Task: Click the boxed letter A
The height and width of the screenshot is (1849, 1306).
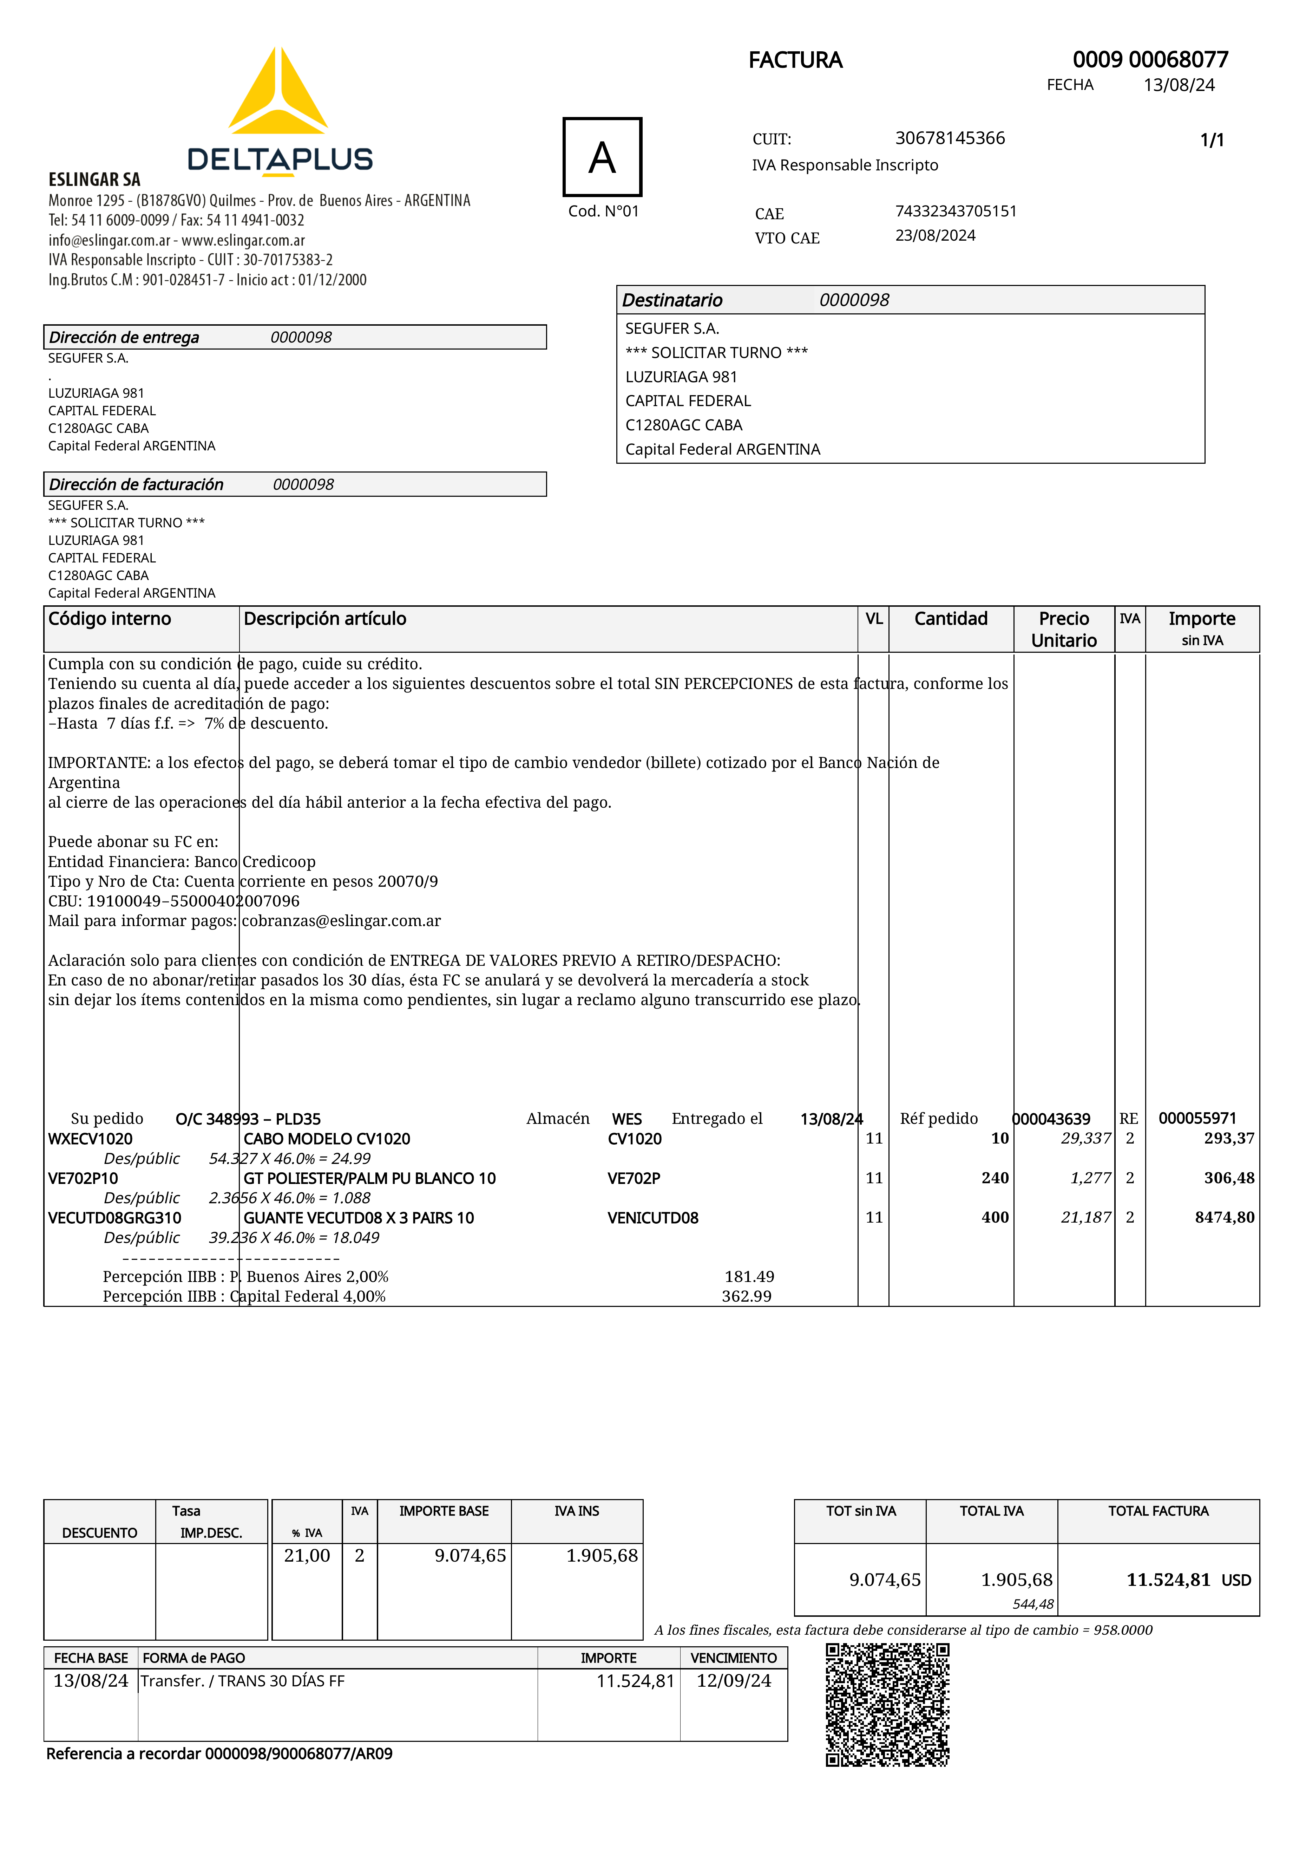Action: pyautogui.click(x=602, y=157)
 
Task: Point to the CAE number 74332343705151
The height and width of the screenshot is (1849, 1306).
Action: pyautogui.click(x=956, y=211)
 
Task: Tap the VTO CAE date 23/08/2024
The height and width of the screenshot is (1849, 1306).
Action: pyautogui.click(x=935, y=235)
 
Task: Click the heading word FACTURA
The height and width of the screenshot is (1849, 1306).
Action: pyautogui.click(x=795, y=60)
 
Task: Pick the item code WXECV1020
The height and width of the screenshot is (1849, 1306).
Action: pyautogui.click(x=90, y=1139)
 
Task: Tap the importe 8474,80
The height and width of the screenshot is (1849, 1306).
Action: pyautogui.click(x=1224, y=1218)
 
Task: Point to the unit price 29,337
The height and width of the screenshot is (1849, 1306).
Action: pyautogui.click(x=1085, y=1139)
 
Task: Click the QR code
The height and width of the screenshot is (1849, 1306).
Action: pyautogui.click(x=887, y=1705)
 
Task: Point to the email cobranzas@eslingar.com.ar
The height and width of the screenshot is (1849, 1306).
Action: pyautogui.click(x=341, y=920)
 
